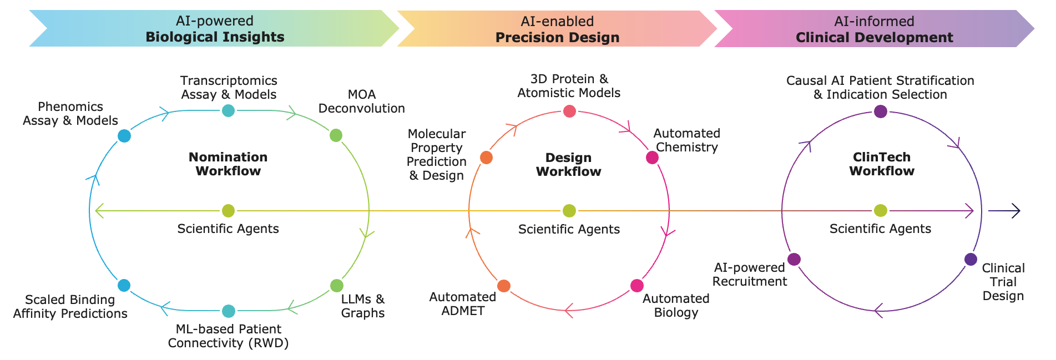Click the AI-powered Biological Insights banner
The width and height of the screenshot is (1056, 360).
(214, 29)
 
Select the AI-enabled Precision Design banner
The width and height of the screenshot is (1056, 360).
(557, 29)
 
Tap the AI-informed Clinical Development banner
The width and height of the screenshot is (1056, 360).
(874, 29)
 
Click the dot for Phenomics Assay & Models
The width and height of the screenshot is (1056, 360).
(124, 136)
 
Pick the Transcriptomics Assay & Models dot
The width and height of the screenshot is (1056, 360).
(228, 110)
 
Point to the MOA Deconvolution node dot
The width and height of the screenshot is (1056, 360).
(336, 135)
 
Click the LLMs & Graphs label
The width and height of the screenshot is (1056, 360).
(362, 306)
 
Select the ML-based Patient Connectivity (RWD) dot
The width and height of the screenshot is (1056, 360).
(228, 311)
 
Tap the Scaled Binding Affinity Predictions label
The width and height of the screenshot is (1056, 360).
(70, 306)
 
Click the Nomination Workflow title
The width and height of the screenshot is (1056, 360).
(228, 164)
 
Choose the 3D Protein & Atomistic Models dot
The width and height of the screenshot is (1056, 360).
(569, 111)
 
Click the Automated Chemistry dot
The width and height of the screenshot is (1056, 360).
(652, 158)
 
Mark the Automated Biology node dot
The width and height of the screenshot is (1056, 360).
(636, 286)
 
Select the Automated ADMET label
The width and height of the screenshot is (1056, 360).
(463, 303)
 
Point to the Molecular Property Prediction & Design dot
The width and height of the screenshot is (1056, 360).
(486, 158)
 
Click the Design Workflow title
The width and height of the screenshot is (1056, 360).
(569, 165)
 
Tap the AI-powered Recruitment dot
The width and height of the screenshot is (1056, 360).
(794, 259)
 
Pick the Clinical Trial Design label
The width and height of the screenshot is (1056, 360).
(1003, 282)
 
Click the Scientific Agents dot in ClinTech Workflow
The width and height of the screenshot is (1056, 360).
(881, 211)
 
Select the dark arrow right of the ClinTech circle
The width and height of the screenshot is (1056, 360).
(1004, 211)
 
